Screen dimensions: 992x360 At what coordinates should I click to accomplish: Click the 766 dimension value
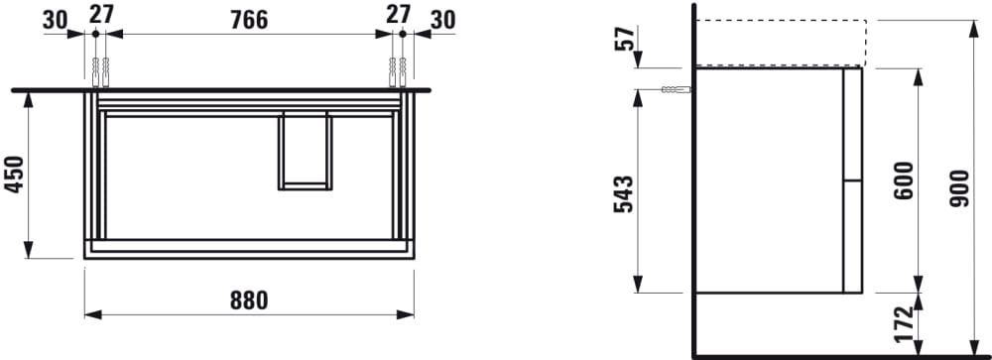[x=249, y=20]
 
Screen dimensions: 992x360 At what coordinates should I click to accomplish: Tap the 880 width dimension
[x=249, y=300]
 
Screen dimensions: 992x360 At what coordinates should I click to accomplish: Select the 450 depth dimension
[x=14, y=175]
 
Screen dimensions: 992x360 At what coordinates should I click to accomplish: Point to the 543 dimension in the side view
[x=623, y=194]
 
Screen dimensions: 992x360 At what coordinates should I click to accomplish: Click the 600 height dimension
[x=904, y=180]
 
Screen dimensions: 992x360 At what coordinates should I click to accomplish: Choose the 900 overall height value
[x=959, y=187]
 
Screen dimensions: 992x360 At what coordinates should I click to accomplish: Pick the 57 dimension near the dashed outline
[x=624, y=39]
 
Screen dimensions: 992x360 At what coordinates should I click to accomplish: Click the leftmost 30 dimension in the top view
[x=55, y=20]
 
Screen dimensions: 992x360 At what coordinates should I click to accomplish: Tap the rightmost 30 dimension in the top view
[x=442, y=20]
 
